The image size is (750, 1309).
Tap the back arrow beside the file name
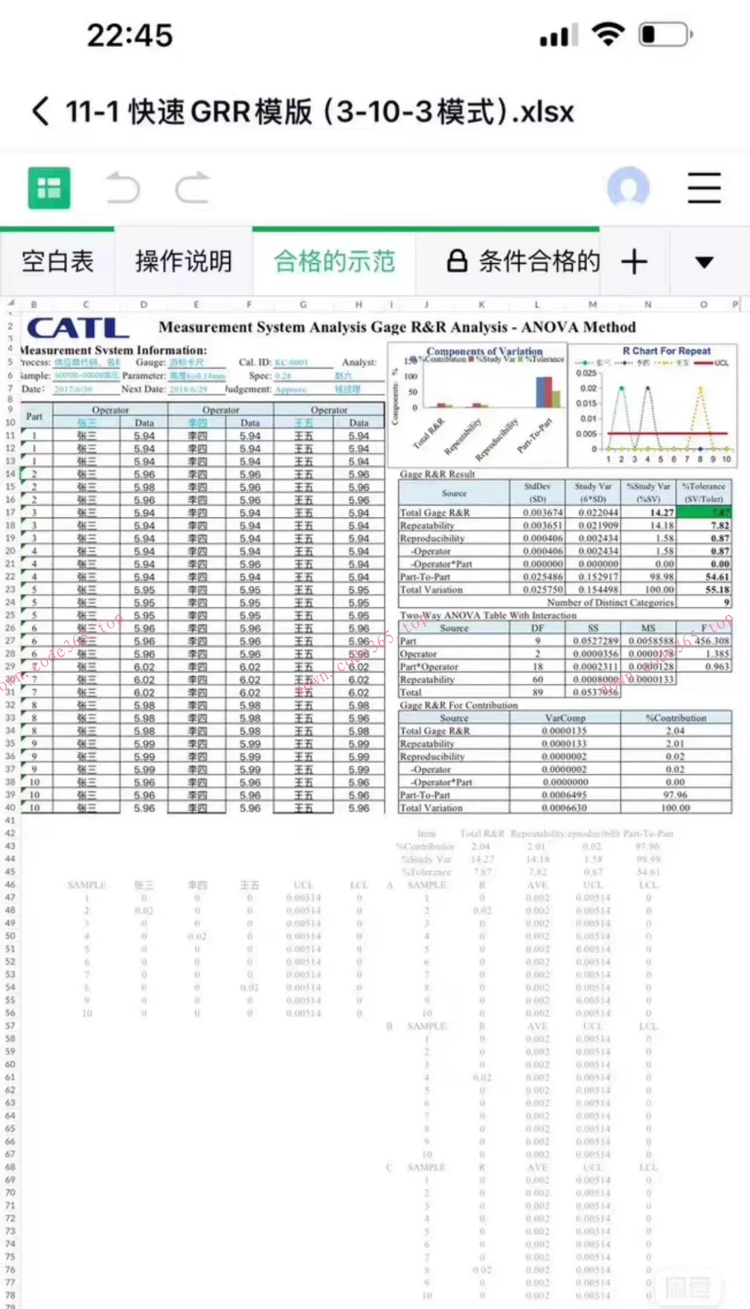click(x=42, y=111)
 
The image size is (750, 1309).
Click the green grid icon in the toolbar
click(x=49, y=187)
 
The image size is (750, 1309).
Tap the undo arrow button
click(x=123, y=188)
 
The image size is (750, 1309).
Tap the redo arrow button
click(x=193, y=188)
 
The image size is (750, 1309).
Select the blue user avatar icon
click(x=628, y=187)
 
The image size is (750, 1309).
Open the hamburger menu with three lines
click(x=704, y=188)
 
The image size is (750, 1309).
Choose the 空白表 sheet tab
click(x=57, y=262)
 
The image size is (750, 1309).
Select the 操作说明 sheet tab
click(x=183, y=262)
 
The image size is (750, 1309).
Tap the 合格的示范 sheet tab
click(x=334, y=262)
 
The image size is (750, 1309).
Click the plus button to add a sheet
click(x=634, y=262)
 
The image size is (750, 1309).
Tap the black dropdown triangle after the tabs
click(x=704, y=262)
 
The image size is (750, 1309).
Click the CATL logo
click(x=78, y=328)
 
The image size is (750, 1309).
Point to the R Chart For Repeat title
click(x=666, y=350)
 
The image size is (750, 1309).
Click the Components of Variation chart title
click(x=484, y=350)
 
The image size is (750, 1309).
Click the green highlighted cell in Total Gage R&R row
click(x=704, y=512)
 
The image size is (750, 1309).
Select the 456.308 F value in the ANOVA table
click(x=711, y=641)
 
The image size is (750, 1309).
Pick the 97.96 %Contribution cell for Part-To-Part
click(x=675, y=795)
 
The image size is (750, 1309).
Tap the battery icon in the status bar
click(x=665, y=34)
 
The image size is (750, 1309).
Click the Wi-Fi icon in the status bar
click(x=608, y=34)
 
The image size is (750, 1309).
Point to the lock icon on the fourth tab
click(x=457, y=261)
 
